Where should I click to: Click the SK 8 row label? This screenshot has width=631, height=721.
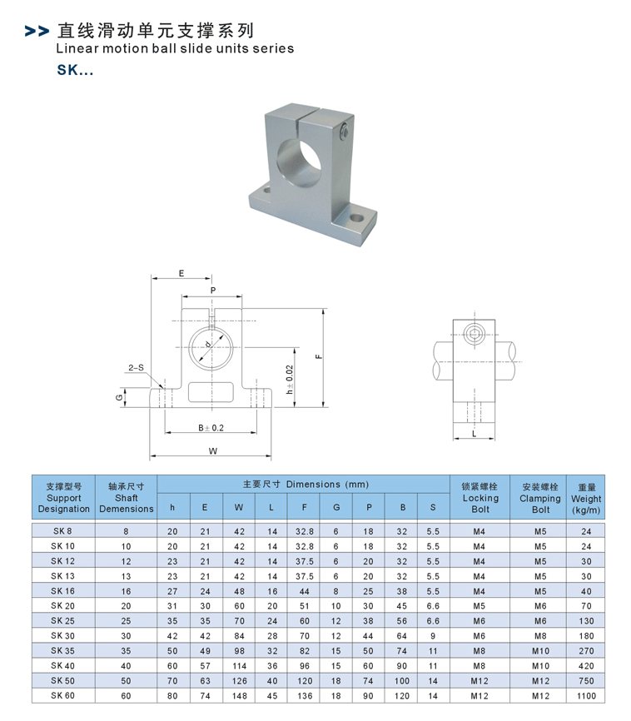pyautogui.click(x=62, y=531)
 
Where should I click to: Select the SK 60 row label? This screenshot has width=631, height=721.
pyautogui.click(x=62, y=695)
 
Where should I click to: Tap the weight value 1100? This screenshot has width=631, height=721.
pyautogui.click(x=586, y=695)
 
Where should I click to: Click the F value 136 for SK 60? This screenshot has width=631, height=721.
pyautogui.click(x=305, y=695)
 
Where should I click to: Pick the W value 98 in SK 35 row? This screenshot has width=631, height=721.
pyautogui.click(x=239, y=650)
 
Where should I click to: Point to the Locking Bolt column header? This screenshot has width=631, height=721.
pyautogui.click(x=480, y=498)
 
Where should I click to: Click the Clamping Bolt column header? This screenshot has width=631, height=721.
pyautogui.click(x=540, y=498)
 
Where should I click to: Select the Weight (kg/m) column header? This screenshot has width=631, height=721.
pyautogui.click(x=586, y=498)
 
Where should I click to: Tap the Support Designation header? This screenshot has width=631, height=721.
pyautogui.click(x=63, y=498)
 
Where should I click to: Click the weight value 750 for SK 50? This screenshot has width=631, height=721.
pyautogui.click(x=586, y=680)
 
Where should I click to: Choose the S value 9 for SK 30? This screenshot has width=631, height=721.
pyautogui.click(x=432, y=635)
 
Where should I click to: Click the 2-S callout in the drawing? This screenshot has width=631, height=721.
pyautogui.click(x=136, y=367)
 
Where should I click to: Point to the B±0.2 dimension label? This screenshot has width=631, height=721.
pyautogui.click(x=211, y=427)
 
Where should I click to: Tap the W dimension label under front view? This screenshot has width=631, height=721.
pyautogui.click(x=213, y=450)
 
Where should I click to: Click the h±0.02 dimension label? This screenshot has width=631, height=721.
pyautogui.click(x=290, y=379)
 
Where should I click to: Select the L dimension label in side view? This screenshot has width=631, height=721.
pyautogui.click(x=474, y=434)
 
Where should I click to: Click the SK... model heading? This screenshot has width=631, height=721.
pyautogui.click(x=75, y=71)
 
